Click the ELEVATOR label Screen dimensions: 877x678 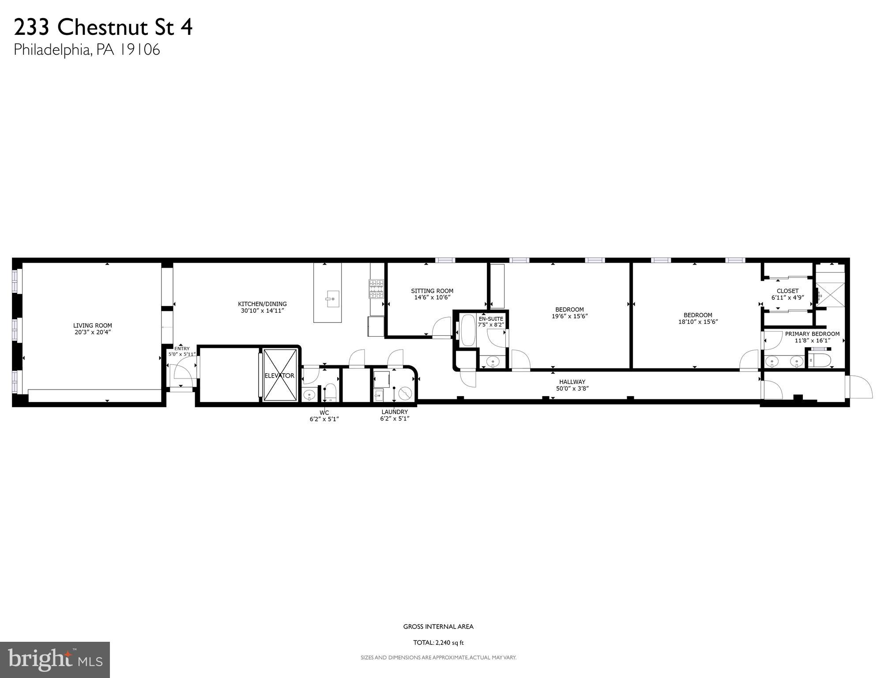tap(279, 375)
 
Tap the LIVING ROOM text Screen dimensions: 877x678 tap(93, 326)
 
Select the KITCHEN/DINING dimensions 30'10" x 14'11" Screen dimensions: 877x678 tap(262, 311)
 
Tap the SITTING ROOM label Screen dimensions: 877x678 tap(432, 291)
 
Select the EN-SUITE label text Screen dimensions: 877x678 tap(491, 318)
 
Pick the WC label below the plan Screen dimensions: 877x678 tap(324, 413)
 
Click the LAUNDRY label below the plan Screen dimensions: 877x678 tap(395, 412)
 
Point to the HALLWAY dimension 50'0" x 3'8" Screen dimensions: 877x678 tap(572, 389)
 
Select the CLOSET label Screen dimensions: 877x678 tap(787, 291)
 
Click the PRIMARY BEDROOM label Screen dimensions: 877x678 tap(812, 334)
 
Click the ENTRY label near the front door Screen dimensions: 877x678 tap(182, 348)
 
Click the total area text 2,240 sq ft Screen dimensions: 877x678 tap(438, 643)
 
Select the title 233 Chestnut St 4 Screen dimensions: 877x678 tap(103, 27)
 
